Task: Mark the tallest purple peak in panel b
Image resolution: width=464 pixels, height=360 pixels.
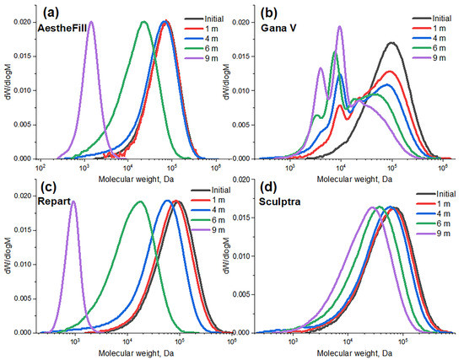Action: point(339,27)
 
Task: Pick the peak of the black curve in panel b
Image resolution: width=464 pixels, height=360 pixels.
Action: point(391,43)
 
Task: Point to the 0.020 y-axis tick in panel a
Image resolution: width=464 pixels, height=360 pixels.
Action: point(30,23)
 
